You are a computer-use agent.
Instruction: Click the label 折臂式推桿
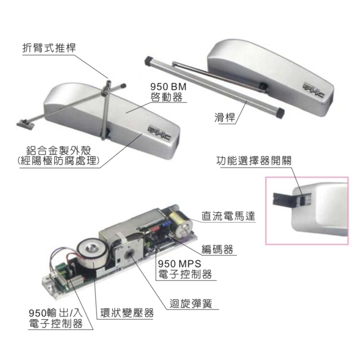[49, 48]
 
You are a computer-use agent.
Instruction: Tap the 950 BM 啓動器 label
[168, 92]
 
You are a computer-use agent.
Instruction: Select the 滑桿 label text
[225, 118]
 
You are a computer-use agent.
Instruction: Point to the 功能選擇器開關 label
[254, 160]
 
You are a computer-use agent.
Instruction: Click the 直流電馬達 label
[229, 216]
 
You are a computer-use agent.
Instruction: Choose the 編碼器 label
[217, 250]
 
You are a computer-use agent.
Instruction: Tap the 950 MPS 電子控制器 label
[185, 269]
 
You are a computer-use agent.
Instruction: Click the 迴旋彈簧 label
[191, 304]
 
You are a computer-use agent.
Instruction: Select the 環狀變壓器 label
[127, 313]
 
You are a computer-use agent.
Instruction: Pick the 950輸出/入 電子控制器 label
[56, 319]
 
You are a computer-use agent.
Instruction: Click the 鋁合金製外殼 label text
[59, 151]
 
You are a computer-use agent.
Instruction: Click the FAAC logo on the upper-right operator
[314, 90]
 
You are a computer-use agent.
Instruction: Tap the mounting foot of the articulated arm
[25, 124]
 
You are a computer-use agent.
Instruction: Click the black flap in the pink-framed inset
[283, 199]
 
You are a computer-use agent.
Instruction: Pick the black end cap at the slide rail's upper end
[149, 61]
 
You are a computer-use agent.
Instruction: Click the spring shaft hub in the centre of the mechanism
[129, 253]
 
